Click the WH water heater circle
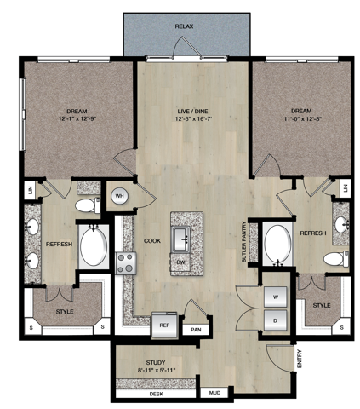point(120,196)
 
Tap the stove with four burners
point(126,263)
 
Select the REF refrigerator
point(164,325)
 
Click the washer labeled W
point(275,297)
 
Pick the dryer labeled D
point(275,320)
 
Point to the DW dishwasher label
point(181,262)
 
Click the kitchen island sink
point(181,239)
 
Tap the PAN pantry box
point(196,330)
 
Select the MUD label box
point(214,393)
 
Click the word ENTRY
point(300,359)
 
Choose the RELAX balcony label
point(184,26)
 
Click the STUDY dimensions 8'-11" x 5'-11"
point(157,370)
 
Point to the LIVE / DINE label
point(192,111)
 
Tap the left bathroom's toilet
point(88,205)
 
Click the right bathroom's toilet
point(336,259)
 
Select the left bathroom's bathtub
point(94,246)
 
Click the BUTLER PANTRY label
point(243,242)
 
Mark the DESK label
point(157,394)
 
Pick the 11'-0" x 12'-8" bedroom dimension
point(303,119)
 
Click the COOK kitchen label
point(152,241)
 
